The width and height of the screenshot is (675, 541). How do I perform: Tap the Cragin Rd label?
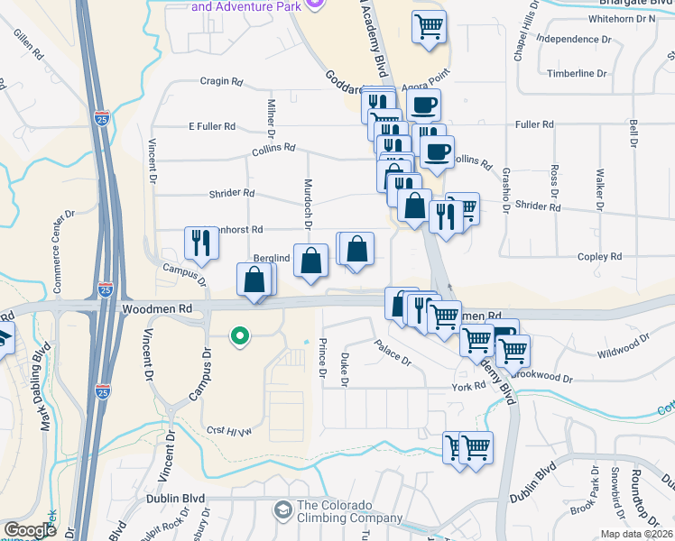click(x=222, y=81)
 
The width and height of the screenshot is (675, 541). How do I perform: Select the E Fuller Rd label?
click(x=210, y=126)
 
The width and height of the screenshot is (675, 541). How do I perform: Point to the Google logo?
click(x=30, y=530)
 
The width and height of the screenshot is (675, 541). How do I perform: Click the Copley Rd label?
click(x=603, y=257)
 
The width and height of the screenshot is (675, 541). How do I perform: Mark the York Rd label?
click(x=469, y=386)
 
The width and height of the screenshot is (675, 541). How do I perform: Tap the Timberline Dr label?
click(x=576, y=73)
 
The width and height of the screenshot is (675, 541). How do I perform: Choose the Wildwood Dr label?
click(x=623, y=346)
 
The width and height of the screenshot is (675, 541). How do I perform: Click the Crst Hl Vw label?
click(x=227, y=430)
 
